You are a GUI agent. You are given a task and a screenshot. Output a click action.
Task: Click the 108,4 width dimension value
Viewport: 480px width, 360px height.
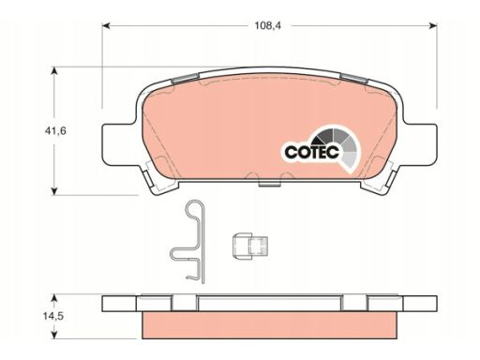[x=267, y=25]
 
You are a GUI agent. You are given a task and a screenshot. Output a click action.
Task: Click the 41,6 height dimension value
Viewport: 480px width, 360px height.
[x=55, y=130]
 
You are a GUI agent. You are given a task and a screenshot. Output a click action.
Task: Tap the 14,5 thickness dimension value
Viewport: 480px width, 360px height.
[x=53, y=316]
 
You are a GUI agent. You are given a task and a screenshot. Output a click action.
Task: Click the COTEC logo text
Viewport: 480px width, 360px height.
[x=312, y=152]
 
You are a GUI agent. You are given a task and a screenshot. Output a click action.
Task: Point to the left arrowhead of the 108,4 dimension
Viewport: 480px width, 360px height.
[x=107, y=25]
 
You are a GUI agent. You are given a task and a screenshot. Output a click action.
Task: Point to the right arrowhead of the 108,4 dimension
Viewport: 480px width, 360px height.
[x=433, y=25]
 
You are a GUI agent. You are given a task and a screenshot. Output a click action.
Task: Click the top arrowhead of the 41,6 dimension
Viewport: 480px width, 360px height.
[x=54, y=71]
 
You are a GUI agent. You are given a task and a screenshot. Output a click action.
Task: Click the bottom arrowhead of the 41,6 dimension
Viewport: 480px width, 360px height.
[x=54, y=191]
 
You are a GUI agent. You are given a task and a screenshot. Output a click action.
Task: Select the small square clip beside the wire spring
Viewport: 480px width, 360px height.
[x=250, y=246]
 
